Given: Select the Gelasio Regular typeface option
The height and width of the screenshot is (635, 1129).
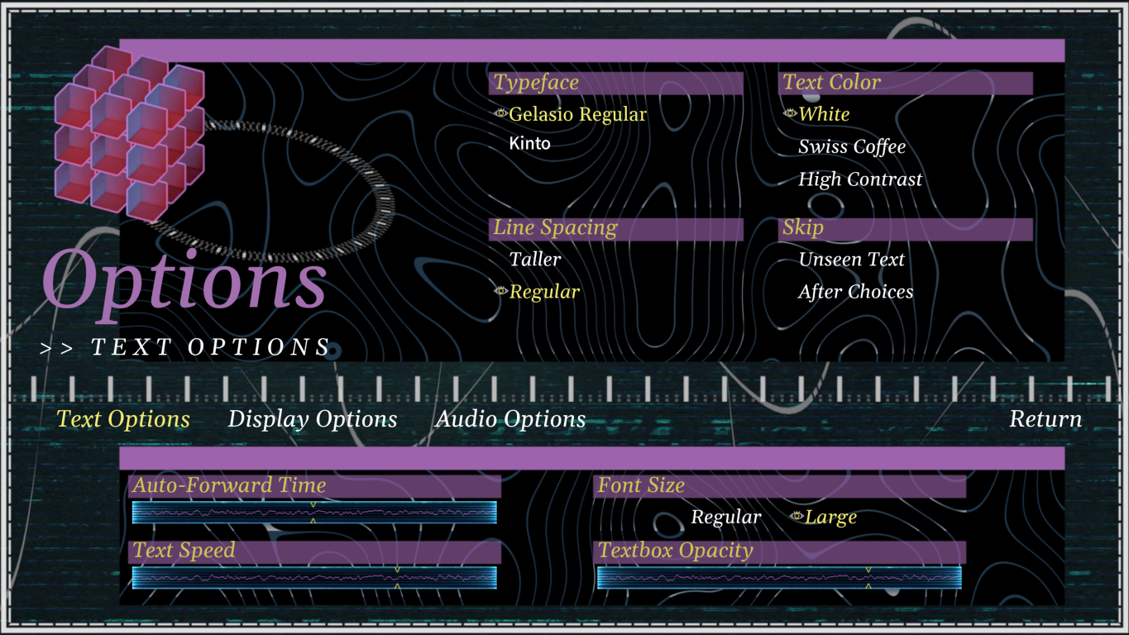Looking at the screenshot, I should [577, 114].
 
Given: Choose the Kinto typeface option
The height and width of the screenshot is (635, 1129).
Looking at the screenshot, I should [530, 144].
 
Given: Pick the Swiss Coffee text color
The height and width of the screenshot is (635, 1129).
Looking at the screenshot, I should [852, 147].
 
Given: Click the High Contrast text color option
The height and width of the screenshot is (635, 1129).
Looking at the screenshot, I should [860, 179].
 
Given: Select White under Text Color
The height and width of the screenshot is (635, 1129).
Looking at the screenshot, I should [824, 114].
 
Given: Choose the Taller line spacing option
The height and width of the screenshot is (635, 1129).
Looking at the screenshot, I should [535, 260].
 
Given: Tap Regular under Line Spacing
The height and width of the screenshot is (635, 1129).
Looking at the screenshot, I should [544, 292].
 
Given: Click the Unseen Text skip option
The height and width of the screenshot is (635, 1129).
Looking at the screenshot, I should [851, 260].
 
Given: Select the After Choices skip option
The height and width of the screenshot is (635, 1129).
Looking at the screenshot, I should [856, 292].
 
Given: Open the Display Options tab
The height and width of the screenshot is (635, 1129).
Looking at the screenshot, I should [313, 419].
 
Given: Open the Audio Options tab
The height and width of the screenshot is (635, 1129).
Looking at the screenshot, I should [510, 419].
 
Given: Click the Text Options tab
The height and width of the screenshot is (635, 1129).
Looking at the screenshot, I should [123, 419].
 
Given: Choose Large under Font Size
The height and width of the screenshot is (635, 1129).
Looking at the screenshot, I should [830, 518].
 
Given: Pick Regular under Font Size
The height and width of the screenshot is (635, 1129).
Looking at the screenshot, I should [726, 518].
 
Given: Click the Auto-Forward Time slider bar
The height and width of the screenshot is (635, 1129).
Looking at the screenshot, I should [314, 513].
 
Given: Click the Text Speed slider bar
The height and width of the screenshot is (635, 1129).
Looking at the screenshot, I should [314, 578].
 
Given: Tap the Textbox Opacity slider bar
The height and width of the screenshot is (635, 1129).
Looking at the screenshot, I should [779, 578].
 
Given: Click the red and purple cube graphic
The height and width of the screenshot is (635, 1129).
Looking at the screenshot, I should [129, 132].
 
